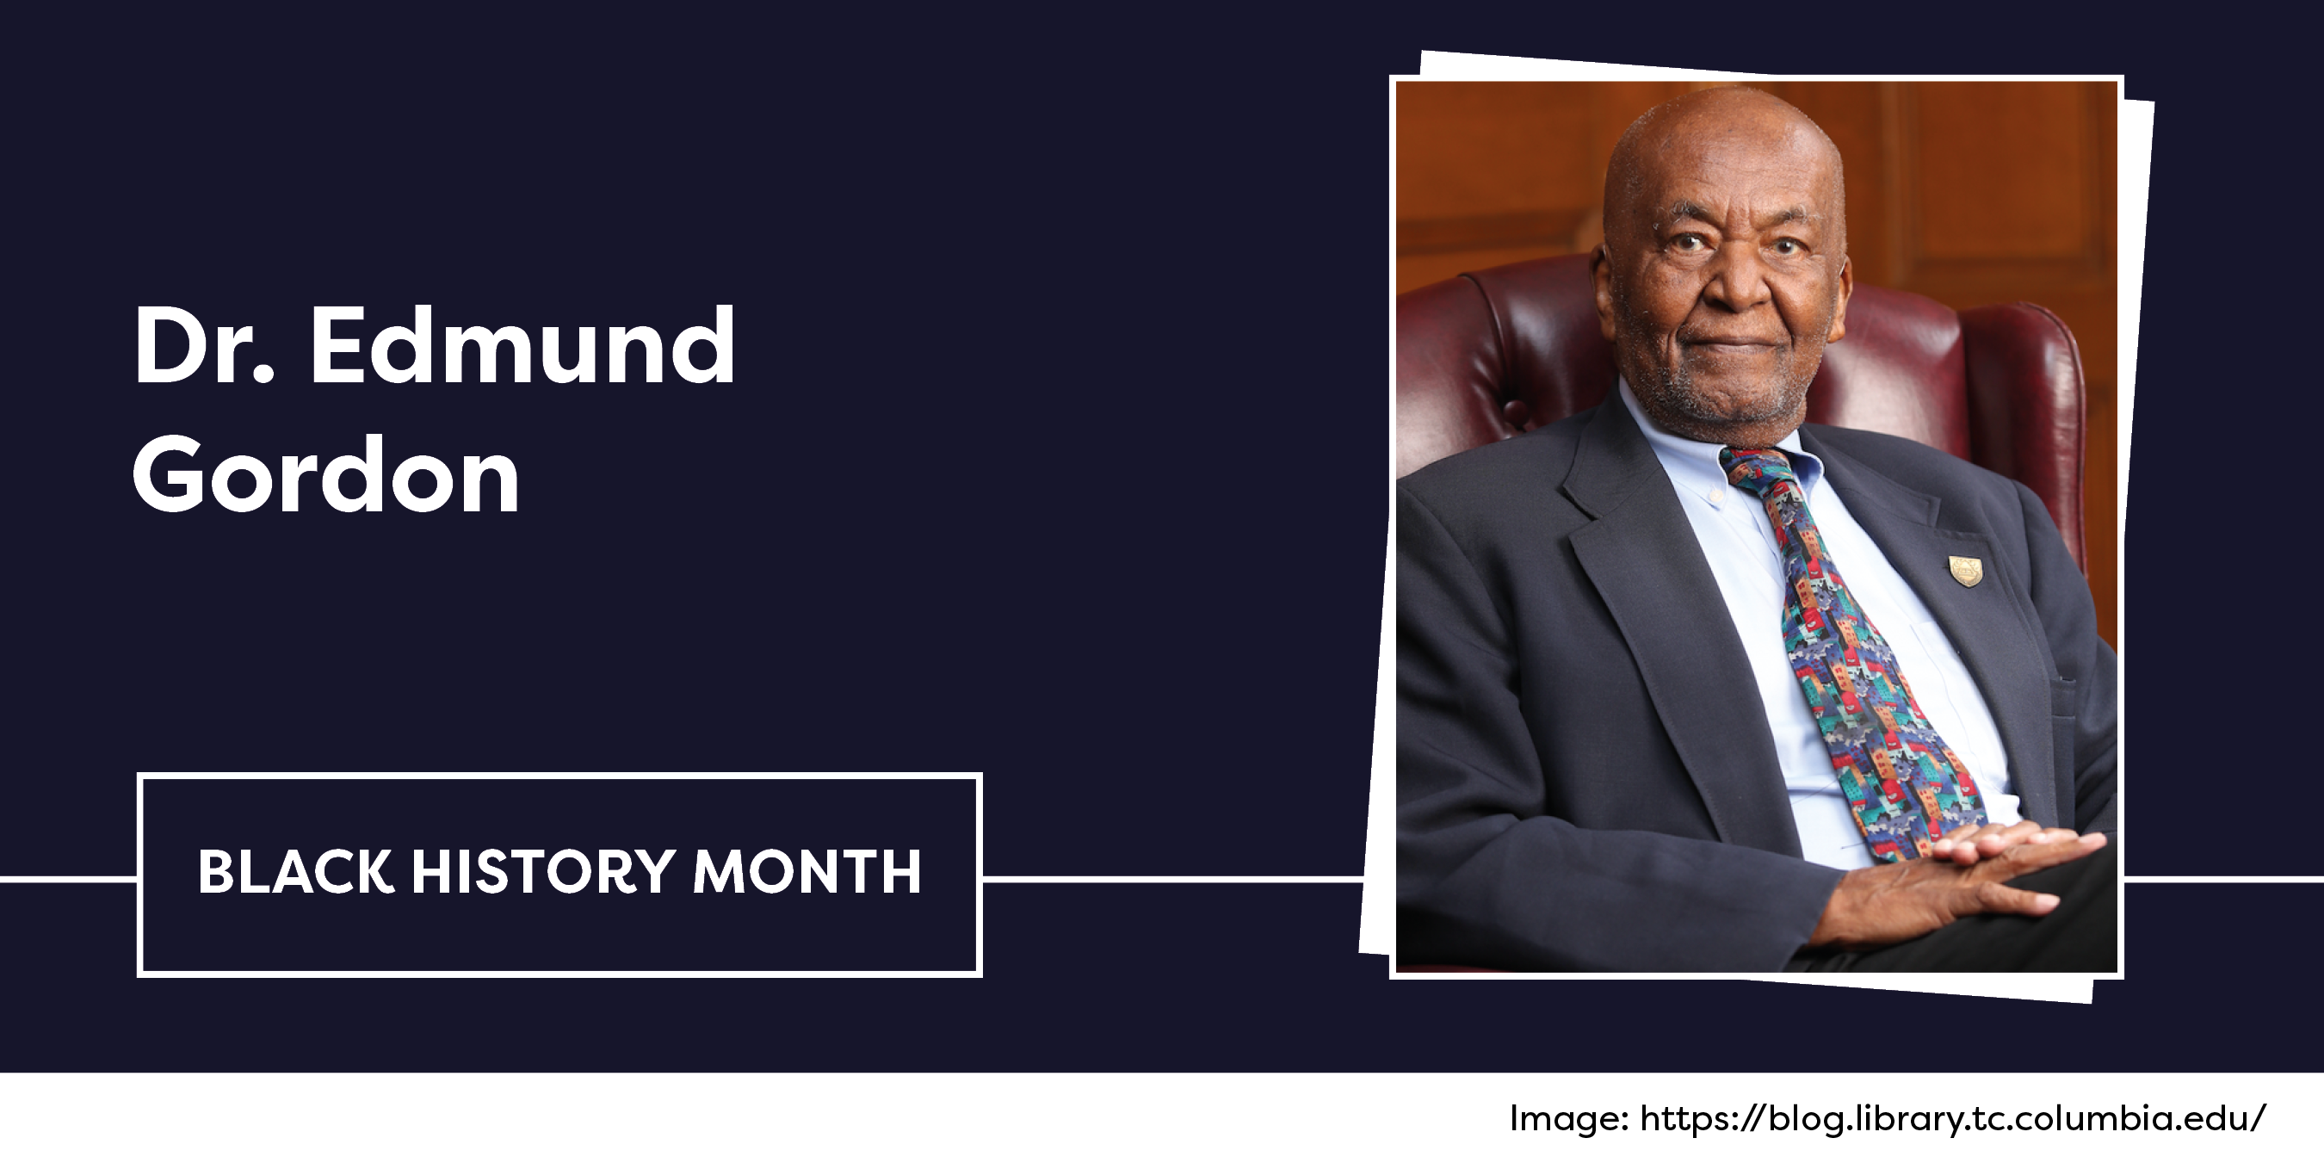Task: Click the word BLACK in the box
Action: pos(296,871)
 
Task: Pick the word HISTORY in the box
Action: pos(543,871)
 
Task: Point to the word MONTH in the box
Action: pos(807,871)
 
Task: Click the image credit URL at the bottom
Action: pos(1952,1118)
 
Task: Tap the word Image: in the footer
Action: pos(1569,1119)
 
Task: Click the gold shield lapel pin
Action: pos(1965,571)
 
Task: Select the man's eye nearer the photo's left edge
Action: pos(1684,244)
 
